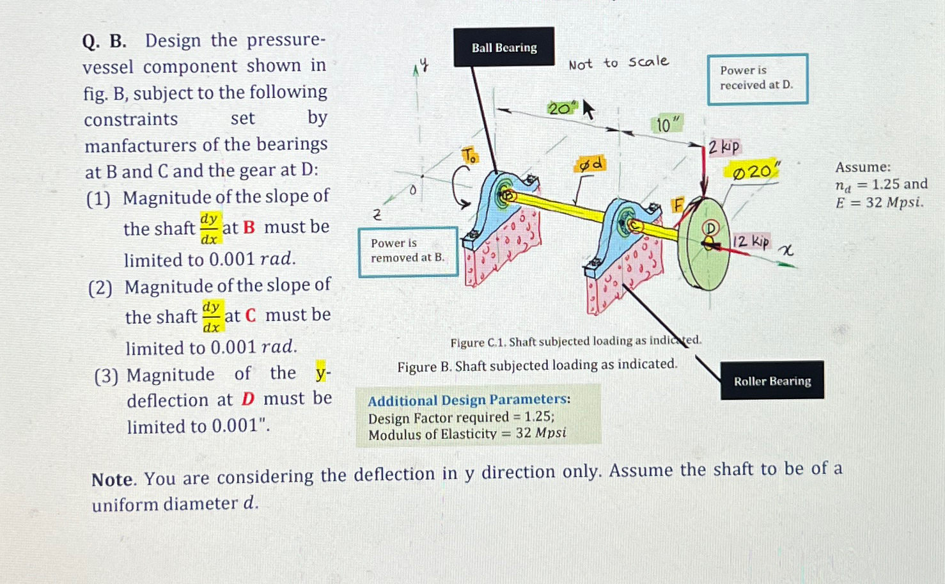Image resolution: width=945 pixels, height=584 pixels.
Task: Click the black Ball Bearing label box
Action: tap(504, 47)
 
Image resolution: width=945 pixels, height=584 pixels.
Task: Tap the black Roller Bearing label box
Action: tap(772, 381)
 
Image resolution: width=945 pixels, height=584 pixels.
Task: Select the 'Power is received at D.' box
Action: tap(757, 78)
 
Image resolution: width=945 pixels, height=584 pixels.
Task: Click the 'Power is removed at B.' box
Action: tap(408, 251)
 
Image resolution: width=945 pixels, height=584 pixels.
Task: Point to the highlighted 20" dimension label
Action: tap(561, 108)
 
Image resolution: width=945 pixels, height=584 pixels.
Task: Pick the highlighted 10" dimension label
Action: tap(668, 124)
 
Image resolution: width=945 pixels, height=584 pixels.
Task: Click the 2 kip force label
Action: tap(723, 147)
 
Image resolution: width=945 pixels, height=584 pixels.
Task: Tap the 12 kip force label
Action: tap(751, 241)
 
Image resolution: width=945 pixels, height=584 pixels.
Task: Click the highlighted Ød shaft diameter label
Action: tap(590, 164)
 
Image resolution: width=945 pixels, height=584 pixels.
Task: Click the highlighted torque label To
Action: tap(469, 155)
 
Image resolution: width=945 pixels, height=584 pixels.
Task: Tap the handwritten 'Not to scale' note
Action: tap(618, 63)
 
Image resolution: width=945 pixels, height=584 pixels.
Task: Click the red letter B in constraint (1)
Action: tap(249, 228)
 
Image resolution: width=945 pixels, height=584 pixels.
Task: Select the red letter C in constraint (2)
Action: tap(250, 315)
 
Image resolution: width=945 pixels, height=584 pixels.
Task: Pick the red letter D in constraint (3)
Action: tap(248, 399)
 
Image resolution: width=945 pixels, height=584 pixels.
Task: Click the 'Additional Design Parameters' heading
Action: tap(469, 400)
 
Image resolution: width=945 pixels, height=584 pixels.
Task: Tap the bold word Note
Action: tap(113, 479)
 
